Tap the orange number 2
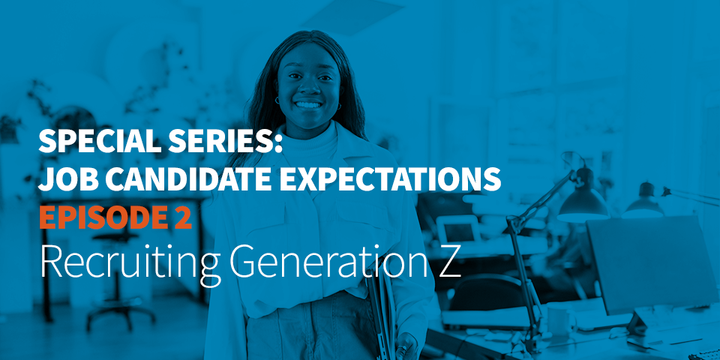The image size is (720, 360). pos(182,217)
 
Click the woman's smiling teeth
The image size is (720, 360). pos(308,105)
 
